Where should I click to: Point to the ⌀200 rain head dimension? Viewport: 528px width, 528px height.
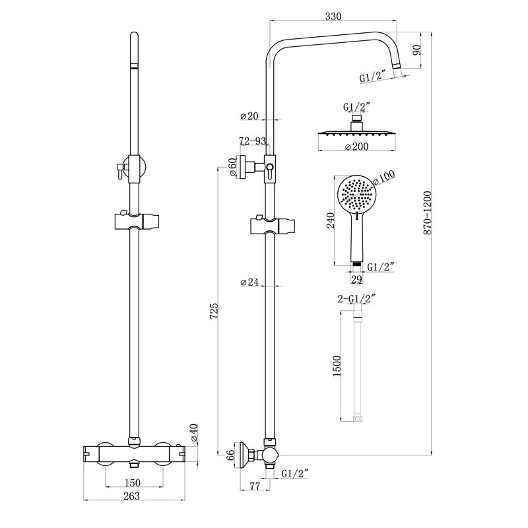(356, 147)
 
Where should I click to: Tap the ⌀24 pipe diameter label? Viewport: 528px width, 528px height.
(249, 282)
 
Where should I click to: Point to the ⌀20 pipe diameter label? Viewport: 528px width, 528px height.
(249, 116)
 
